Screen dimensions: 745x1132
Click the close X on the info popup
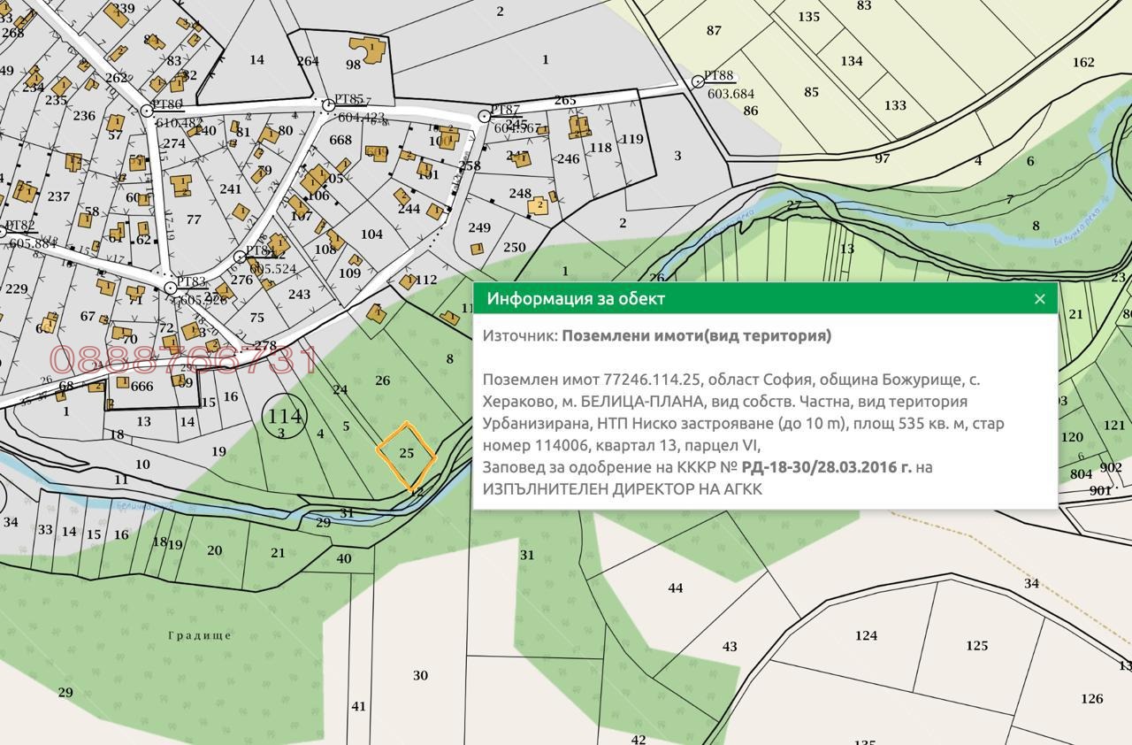coord(1040,299)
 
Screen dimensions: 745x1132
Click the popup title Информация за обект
coord(576,299)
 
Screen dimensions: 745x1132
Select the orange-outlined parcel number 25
coord(407,453)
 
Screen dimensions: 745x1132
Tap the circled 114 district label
coord(285,416)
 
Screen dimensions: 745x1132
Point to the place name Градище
coord(200,635)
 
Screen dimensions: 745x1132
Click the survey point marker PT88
coord(698,81)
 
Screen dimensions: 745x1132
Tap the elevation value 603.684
coord(730,94)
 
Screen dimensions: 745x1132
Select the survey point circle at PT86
coord(147,111)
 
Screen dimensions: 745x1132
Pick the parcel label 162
coord(1083,62)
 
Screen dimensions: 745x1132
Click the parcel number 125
coord(976,646)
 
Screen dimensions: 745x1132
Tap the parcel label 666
coord(141,386)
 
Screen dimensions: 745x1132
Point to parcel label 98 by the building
coord(353,65)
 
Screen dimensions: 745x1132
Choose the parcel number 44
coord(676,588)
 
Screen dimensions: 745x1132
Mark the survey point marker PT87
coord(485,117)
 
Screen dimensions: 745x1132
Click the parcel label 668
coord(340,140)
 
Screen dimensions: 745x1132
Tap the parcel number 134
coord(852,61)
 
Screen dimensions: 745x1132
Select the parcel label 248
coord(520,194)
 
